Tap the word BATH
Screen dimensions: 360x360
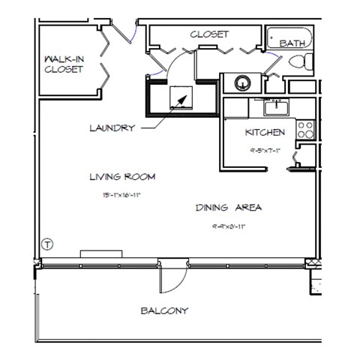[x=292, y=44]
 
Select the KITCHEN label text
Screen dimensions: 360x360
[x=265, y=133]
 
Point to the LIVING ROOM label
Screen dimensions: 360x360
[x=122, y=177]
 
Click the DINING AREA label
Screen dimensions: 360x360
[x=228, y=208]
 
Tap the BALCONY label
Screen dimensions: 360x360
[x=164, y=310]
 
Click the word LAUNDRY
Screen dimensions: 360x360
[x=112, y=128]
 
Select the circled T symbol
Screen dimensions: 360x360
[x=47, y=244]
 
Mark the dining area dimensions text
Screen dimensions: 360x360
[x=228, y=225]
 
